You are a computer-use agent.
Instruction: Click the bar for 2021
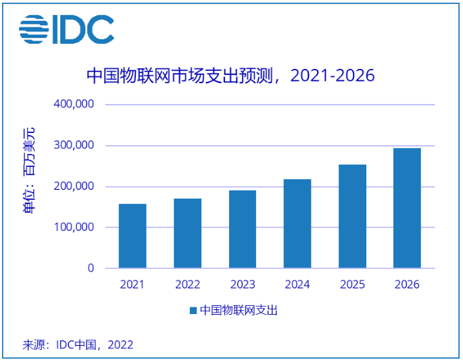[x=132, y=236]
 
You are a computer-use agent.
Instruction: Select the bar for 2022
[x=187, y=233]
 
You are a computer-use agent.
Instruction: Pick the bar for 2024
[x=297, y=224]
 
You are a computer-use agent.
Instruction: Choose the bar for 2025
[x=352, y=216]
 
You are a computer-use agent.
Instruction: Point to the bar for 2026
[x=407, y=208]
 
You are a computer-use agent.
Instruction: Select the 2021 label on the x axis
[x=132, y=284]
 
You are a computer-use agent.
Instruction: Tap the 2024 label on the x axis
[x=297, y=284]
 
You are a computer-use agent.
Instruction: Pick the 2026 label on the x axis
[x=407, y=284]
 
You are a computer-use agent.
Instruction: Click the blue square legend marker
[x=193, y=311]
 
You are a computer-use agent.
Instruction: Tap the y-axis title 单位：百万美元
[x=29, y=170]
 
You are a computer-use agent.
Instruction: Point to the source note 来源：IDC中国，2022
[x=78, y=344]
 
